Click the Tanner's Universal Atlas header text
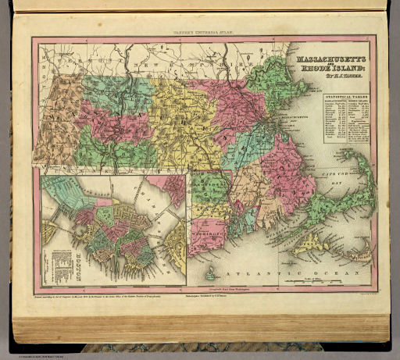click(199, 31)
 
